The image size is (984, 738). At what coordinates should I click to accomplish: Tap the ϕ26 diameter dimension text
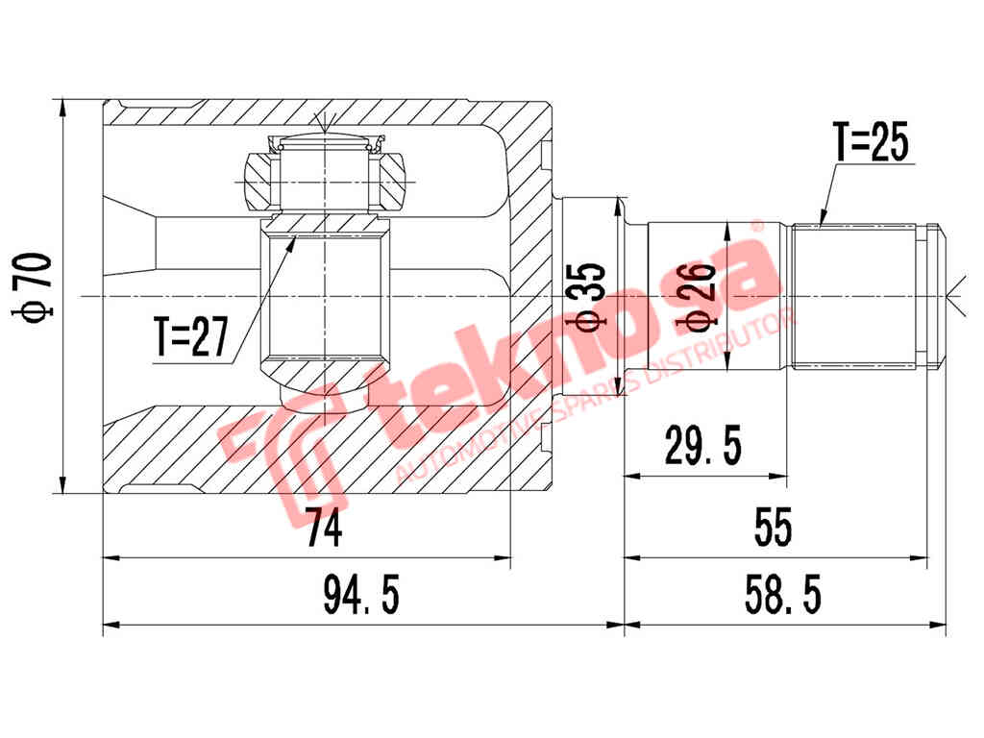click(700, 292)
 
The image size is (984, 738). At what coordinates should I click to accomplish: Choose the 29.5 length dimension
click(704, 445)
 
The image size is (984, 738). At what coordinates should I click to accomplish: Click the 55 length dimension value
click(774, 527)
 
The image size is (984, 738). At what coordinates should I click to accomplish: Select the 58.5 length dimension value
click(781, 596)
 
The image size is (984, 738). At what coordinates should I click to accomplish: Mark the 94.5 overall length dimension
click(360, 597)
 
